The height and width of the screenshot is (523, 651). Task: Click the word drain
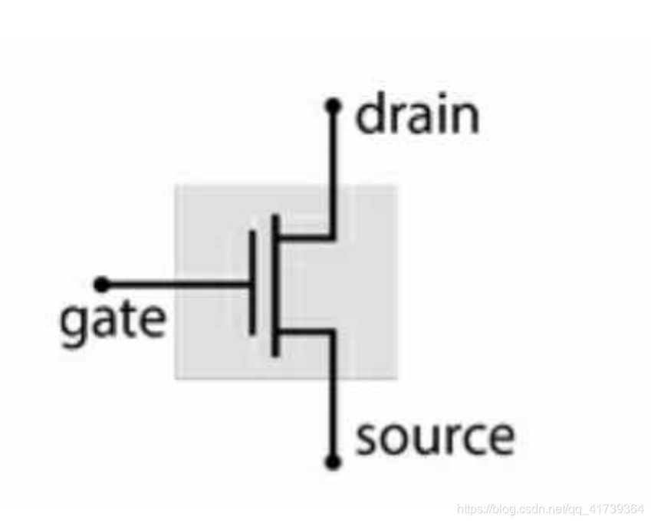[417, 117]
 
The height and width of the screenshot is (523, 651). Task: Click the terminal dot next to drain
[332, 105]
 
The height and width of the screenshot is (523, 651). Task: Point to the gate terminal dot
[101, 285]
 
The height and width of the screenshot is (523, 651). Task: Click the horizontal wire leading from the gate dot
[176, 285]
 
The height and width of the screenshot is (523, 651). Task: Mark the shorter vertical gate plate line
[252, 284]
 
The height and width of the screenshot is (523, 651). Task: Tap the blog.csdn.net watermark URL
[550, 508]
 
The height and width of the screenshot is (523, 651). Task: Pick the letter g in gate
[73, 324]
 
